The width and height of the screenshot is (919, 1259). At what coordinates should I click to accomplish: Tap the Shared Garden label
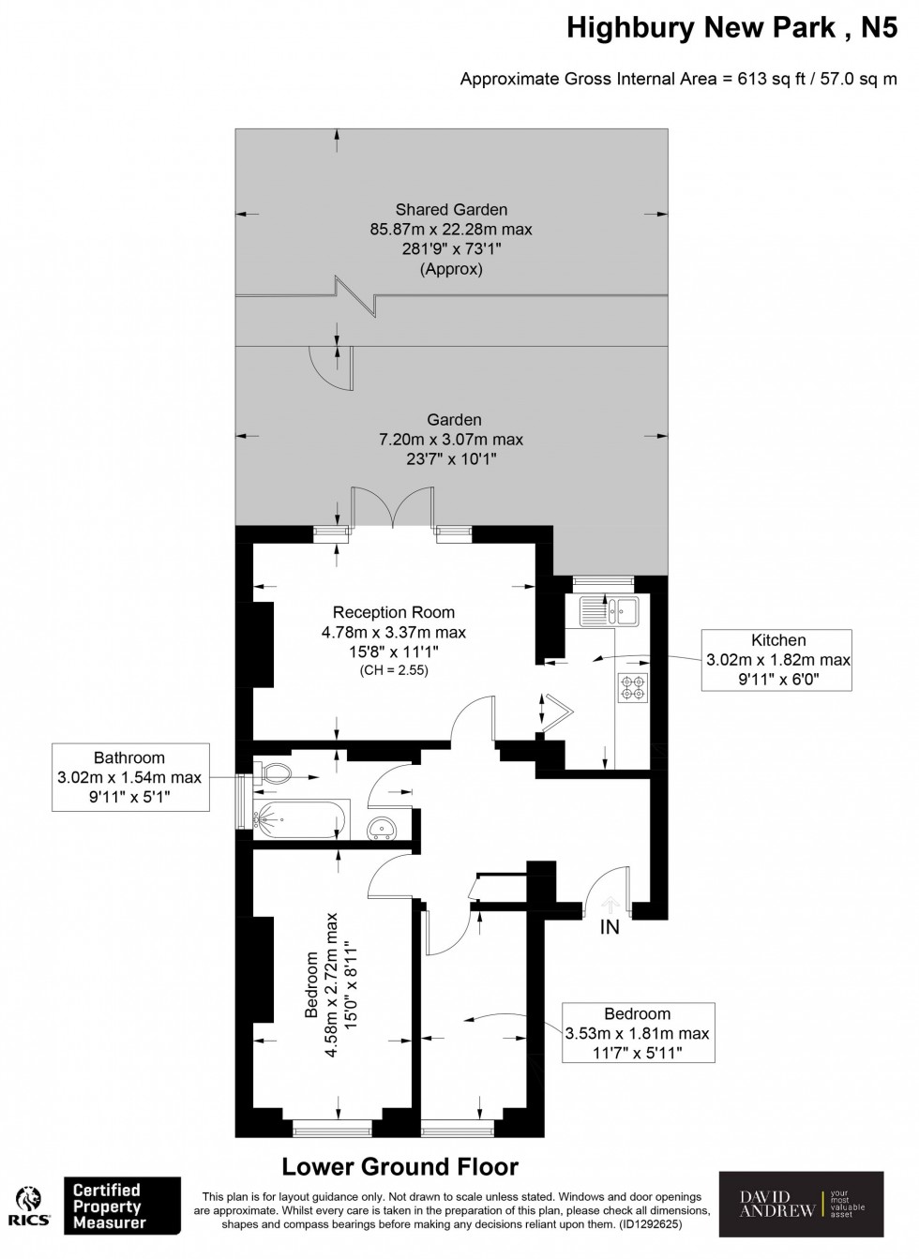coord(451,210)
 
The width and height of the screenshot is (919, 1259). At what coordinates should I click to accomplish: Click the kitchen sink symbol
coord(608,611)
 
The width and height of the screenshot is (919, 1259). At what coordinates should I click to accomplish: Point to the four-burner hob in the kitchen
coord(632,687)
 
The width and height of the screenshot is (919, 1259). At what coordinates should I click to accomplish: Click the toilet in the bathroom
coord(275,773)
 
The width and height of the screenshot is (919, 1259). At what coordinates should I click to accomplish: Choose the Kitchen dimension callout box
coord(777,660)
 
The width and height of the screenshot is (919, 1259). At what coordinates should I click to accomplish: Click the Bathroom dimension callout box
coord(129,777)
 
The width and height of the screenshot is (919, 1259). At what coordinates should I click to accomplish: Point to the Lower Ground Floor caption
coord(400,1167)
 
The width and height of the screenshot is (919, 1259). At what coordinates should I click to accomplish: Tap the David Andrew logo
coord(800,1204)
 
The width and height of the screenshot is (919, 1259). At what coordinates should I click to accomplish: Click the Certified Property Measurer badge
coord(120,1206)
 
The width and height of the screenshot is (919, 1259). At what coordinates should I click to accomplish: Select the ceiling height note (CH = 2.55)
coord(393,670)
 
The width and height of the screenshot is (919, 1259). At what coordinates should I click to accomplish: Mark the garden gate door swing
coord(324,367)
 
